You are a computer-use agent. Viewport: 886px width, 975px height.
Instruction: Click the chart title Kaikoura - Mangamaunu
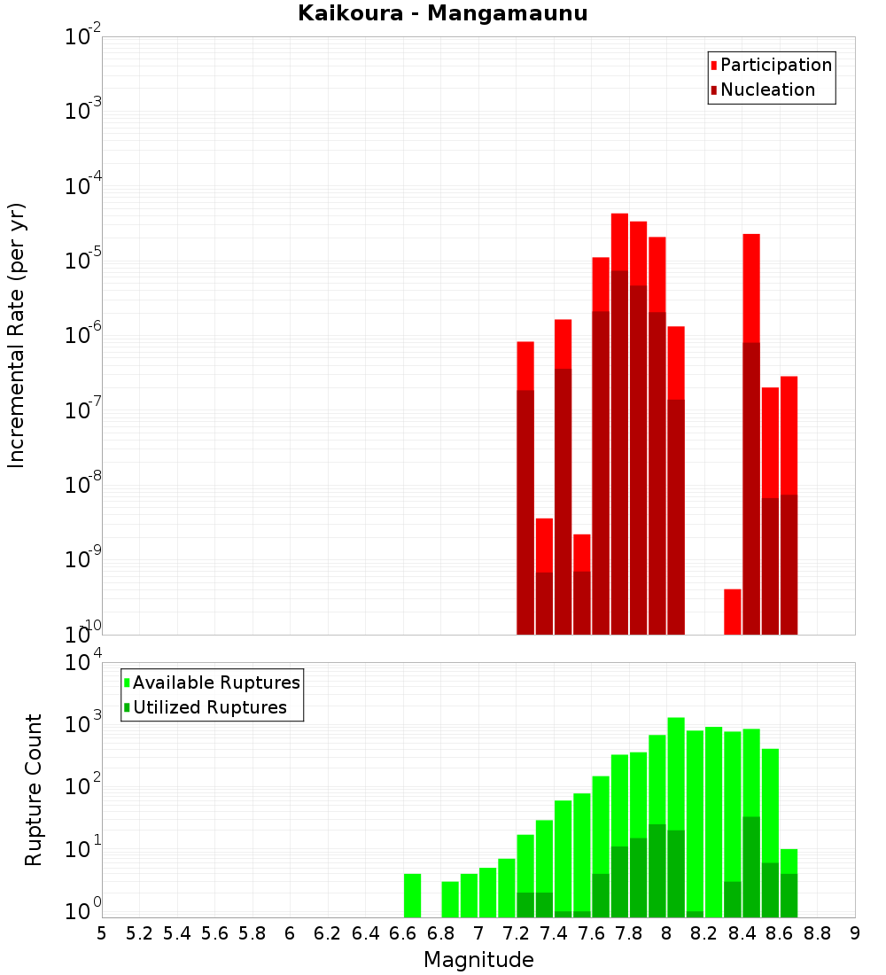(x=442, y=13)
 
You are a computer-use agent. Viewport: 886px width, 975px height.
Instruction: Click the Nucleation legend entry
(x=767, y=90)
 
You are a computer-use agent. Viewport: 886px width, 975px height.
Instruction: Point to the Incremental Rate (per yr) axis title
(x=17, y=335)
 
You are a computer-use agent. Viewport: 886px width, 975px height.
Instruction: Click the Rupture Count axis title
(x=34, y=790)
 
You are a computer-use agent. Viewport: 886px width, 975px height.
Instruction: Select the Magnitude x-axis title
(x=478, y=960)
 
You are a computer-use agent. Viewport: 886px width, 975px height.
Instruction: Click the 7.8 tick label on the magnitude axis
(x=629, y=933)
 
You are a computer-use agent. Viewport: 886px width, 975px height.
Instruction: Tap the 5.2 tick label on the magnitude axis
(x=139, y=933)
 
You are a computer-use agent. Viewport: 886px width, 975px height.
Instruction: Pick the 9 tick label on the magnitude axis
(x=854, y=933)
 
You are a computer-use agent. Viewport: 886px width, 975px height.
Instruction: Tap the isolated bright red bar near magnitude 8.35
(x=733, y=611)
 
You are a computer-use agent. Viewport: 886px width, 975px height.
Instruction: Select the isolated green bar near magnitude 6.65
(x=412, y=895)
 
